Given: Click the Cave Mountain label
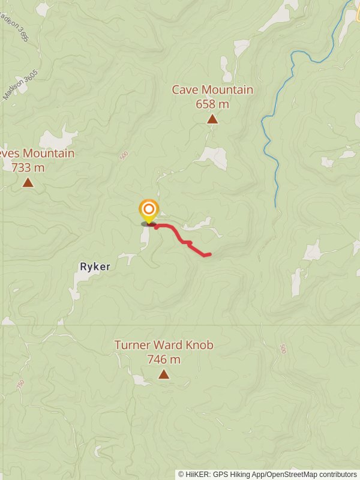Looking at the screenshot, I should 212,90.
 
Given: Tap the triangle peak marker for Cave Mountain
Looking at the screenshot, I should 212,119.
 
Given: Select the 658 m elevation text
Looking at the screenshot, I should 212,104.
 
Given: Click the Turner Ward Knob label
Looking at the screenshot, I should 164,345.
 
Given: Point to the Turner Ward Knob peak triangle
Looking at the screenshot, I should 164,374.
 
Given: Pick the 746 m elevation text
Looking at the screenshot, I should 164,359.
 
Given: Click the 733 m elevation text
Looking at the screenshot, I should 28,167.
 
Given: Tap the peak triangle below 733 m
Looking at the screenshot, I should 28,182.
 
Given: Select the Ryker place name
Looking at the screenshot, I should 95,266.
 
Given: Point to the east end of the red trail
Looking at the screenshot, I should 209,254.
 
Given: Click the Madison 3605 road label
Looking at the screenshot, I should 20,85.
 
